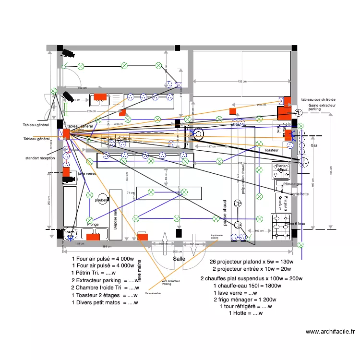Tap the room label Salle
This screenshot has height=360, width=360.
coord(179,258)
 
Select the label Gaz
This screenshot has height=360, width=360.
coord(314,145)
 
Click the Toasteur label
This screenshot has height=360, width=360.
coord(271,150)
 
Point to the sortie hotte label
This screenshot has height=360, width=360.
coord(299,194)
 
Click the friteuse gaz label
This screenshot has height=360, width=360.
coord(292,184)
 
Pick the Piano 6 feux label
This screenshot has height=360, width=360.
coord(295,224)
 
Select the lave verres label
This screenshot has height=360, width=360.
coord(87,173)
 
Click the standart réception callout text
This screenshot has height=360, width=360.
coord(40,158)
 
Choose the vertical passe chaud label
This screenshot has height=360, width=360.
coord(224,213)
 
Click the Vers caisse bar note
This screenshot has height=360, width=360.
coord(153,293)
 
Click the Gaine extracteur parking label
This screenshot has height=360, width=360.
coord(322,107)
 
